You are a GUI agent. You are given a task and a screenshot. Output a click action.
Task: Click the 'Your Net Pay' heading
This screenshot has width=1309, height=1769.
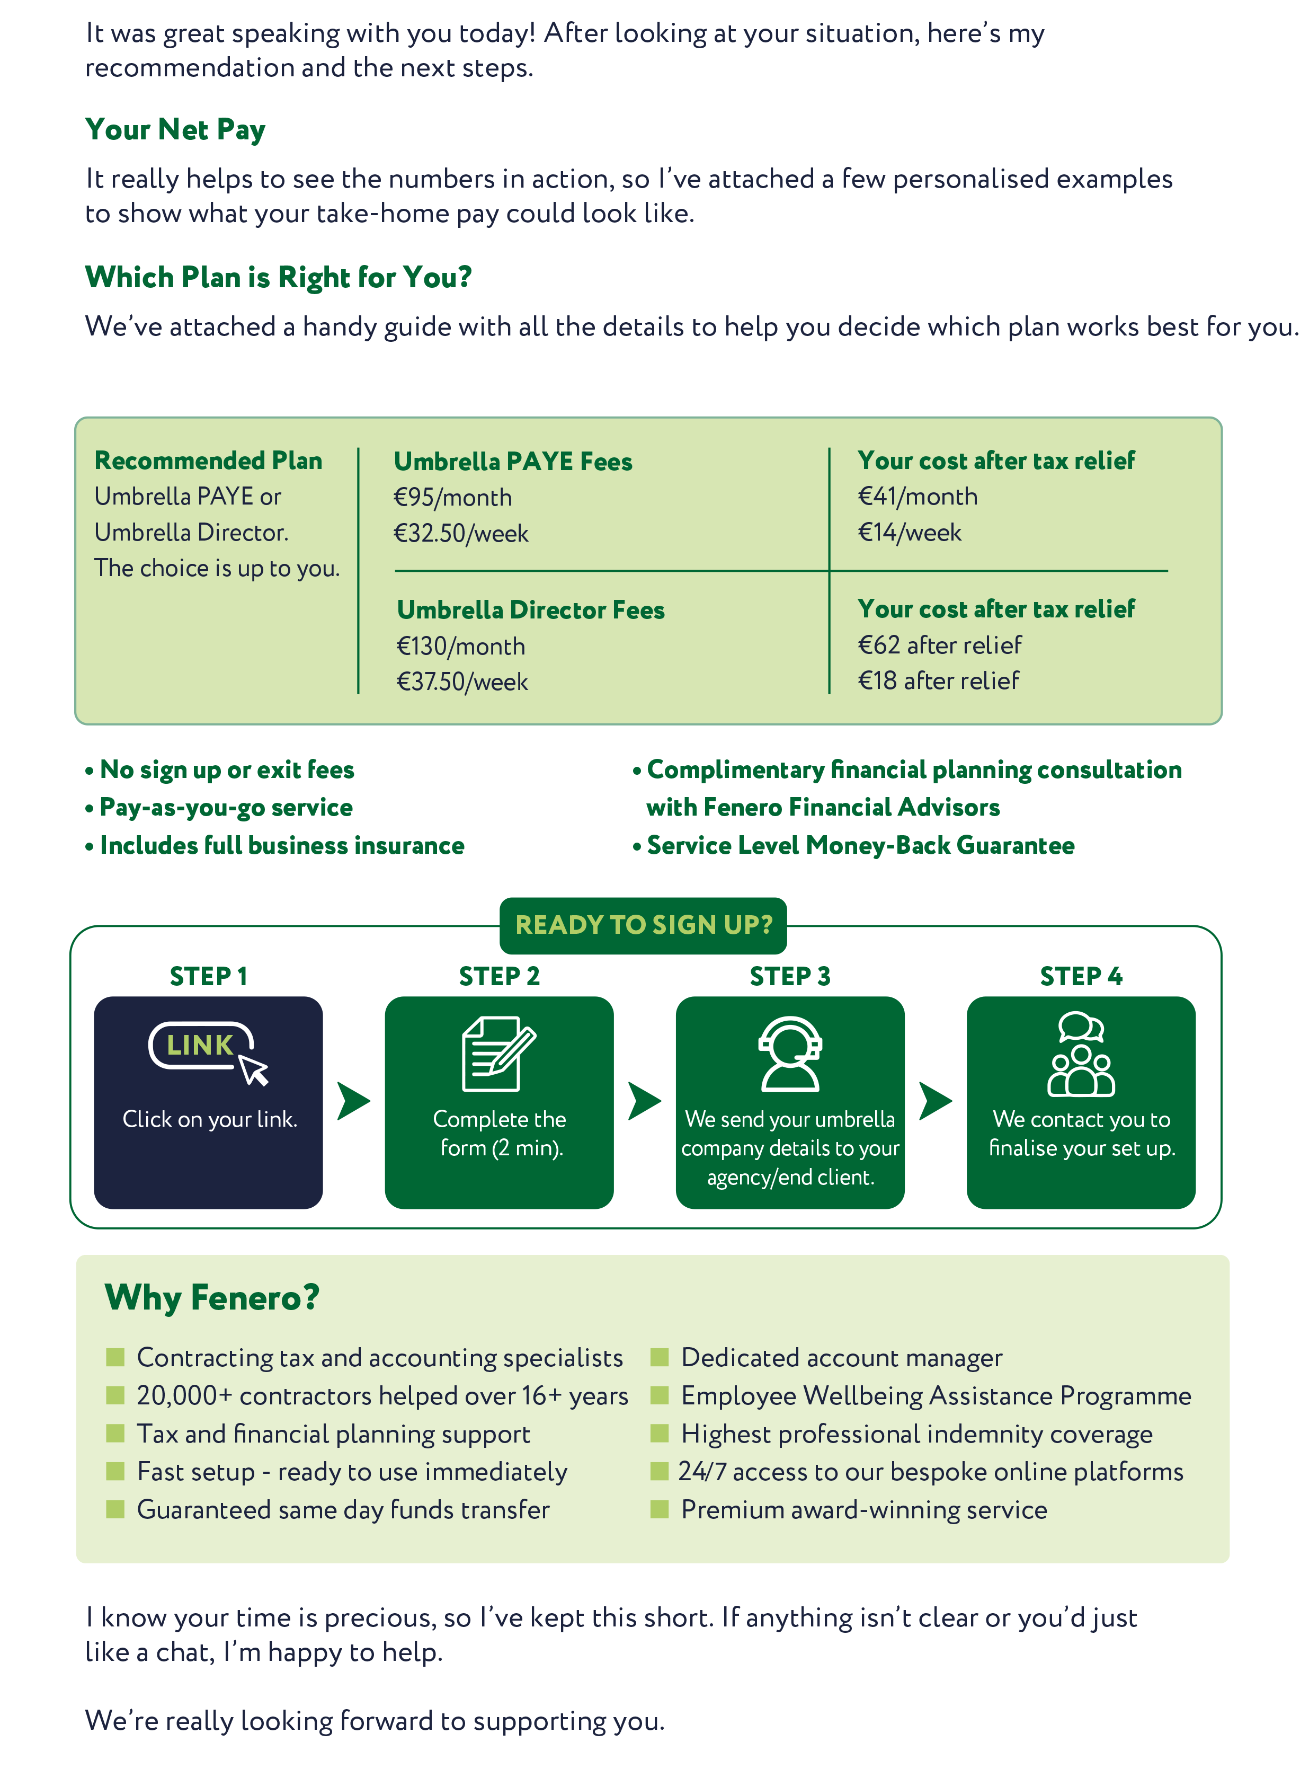coord(175,130)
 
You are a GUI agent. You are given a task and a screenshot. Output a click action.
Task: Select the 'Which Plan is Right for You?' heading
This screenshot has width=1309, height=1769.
coord(278,277)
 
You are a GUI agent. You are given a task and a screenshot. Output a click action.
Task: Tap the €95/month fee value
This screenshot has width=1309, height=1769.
coord(452,498)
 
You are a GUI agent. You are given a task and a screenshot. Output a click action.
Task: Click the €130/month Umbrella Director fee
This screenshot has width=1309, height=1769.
coord(460,647)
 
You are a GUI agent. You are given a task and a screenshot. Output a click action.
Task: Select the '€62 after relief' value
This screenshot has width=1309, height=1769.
coord(940,645)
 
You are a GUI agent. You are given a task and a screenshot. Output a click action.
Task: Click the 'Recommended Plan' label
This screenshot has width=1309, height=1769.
coord(208,461)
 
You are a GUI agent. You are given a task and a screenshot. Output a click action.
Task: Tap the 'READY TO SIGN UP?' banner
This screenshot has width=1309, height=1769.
coord(644,925)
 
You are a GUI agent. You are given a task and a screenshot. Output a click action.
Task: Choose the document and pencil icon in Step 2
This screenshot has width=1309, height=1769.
coord(499,1054)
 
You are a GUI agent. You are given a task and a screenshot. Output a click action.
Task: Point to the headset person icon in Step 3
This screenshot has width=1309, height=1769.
coord(790,1054)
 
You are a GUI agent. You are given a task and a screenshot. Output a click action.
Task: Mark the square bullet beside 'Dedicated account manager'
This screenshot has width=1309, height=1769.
coord(659,1358)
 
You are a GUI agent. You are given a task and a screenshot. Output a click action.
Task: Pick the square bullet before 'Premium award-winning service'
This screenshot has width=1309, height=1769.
coord(659,1509)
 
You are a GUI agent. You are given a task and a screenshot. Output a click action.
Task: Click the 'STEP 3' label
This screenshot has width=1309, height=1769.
coord(790,976)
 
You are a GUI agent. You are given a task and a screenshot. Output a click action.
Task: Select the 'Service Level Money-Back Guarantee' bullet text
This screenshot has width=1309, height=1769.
coord(860,846)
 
